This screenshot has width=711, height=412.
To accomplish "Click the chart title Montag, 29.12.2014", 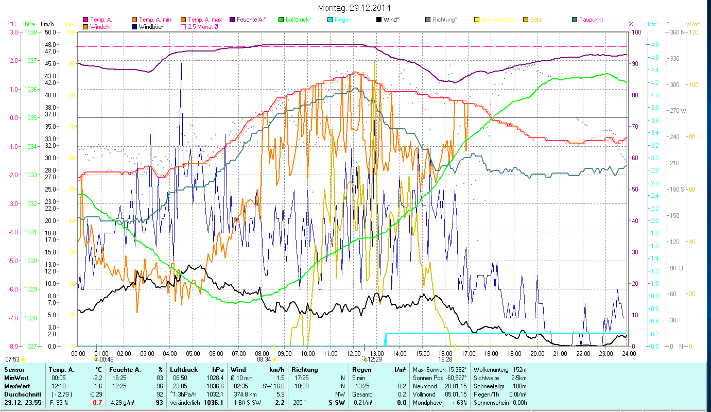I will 354,8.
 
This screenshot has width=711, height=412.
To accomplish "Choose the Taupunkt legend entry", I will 591,20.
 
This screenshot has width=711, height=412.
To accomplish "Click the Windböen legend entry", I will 151,27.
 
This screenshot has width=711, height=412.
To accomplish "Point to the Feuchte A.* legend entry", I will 251,20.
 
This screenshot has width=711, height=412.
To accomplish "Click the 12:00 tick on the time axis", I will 354,354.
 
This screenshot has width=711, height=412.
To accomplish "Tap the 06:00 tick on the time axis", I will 216,354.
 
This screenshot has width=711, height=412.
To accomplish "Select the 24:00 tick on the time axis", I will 629,354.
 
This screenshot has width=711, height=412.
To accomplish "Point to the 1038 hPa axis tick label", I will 30,32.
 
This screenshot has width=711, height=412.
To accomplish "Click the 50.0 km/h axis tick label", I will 50,32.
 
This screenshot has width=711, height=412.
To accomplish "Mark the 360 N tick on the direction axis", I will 675,32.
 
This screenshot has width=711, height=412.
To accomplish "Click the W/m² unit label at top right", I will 692,24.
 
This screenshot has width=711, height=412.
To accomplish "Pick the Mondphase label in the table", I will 425,403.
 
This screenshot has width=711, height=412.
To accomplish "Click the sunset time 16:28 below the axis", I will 445,359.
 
